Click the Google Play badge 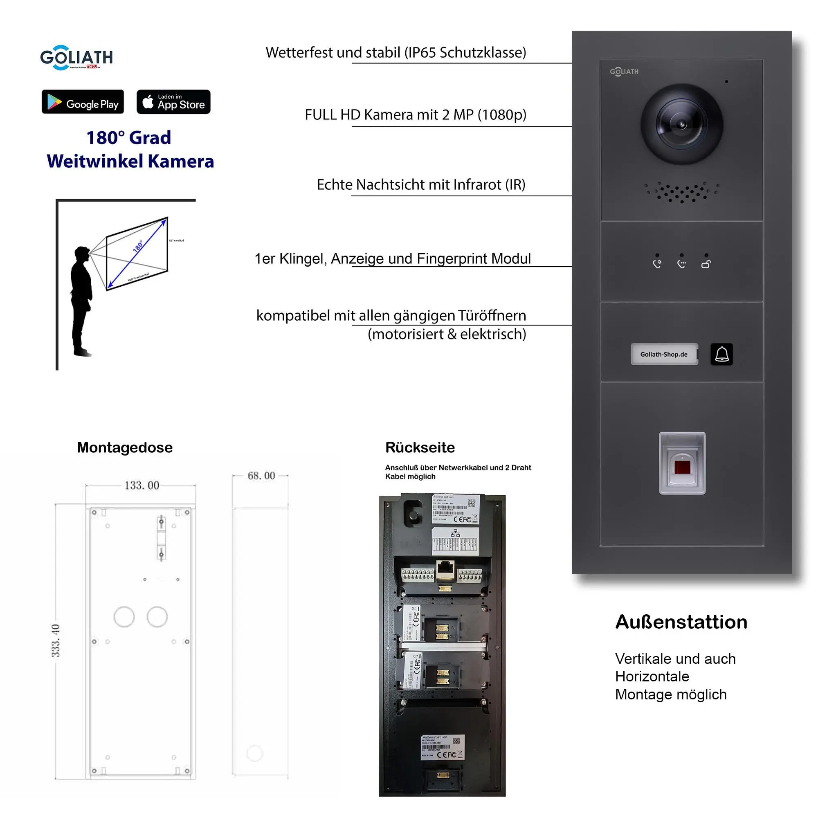pos(83,101)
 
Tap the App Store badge pos(173,101)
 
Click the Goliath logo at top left pos(76,57)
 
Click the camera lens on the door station pos(681,124)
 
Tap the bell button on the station pos(721,354)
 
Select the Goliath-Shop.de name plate pos(664,354)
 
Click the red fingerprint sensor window pos(682,467)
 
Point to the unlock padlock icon pos(706,264)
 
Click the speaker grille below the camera pos(681,192)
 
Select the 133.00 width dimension pos(142,485)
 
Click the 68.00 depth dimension pos(261,476)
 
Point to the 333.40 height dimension pos(56,640)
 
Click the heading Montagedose pos(124,447)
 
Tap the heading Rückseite pos(420,447)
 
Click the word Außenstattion pos(681,622)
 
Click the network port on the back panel pos(445,569)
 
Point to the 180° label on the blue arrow pos(138,246)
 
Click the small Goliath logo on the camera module pos(624,72)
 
